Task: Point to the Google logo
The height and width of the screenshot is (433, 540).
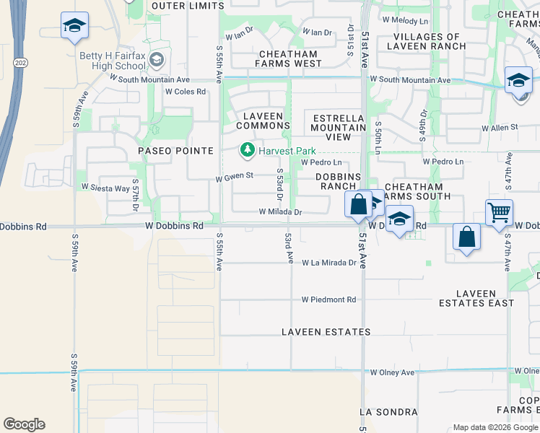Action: tap(24, 424)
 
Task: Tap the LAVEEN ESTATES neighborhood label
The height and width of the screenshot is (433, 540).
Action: tap(326, 332)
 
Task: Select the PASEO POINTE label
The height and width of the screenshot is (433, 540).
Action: tap(176, 151)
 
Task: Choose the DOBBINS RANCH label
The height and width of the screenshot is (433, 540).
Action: tap(338, 181)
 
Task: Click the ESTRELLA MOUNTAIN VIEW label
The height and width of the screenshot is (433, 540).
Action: tap(339, 127)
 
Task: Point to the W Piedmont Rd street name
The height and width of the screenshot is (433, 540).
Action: tap(329, 299)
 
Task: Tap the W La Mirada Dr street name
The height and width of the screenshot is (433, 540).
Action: tap(329, 263)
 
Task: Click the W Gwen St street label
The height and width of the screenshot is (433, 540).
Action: tap(235, 175)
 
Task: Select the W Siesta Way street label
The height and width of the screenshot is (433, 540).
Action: tap(105, 188)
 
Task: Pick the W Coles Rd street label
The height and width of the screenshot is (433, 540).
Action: tap(186, 92)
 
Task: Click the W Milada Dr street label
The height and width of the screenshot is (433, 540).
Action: tap(280, 212)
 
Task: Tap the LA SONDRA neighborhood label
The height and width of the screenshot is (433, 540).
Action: tap(388, 412)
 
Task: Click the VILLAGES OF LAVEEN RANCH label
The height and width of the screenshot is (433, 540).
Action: tap(426, 41)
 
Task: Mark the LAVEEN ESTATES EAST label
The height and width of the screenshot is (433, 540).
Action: tap(476, 298)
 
